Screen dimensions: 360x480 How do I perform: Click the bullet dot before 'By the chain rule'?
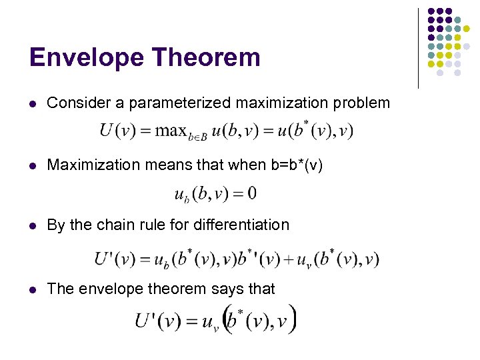(33, 225)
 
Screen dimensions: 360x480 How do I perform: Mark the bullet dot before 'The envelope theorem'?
(33, 289)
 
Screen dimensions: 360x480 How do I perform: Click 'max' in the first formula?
(171, 130)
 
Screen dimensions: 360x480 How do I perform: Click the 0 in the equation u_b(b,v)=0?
(251, 194)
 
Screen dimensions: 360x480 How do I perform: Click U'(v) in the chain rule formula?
(114, 259)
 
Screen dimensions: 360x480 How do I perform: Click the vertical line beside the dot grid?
(418, 48)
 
